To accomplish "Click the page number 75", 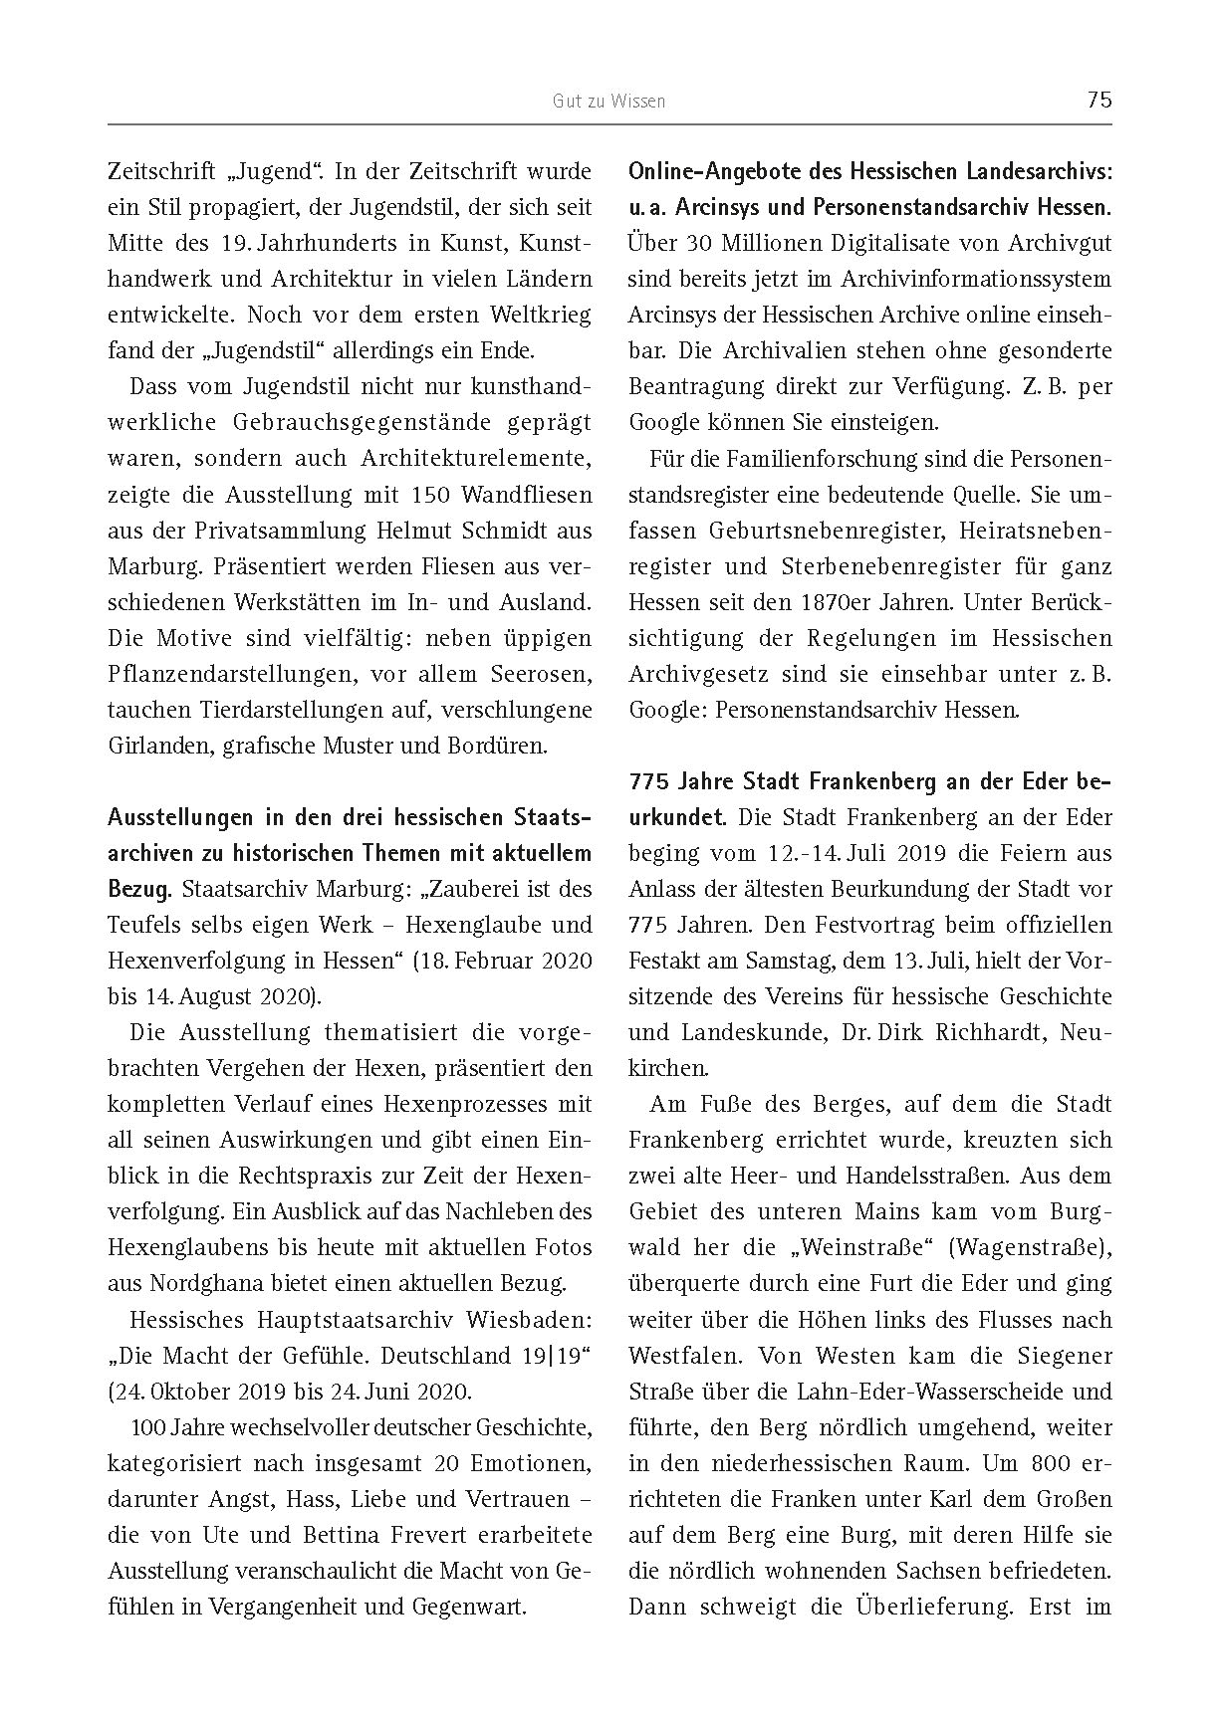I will (1099, 100).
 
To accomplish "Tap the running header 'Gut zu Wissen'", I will (610, 101).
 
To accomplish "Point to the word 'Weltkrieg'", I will (543, 315).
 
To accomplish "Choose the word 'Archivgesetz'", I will (693, 674).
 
